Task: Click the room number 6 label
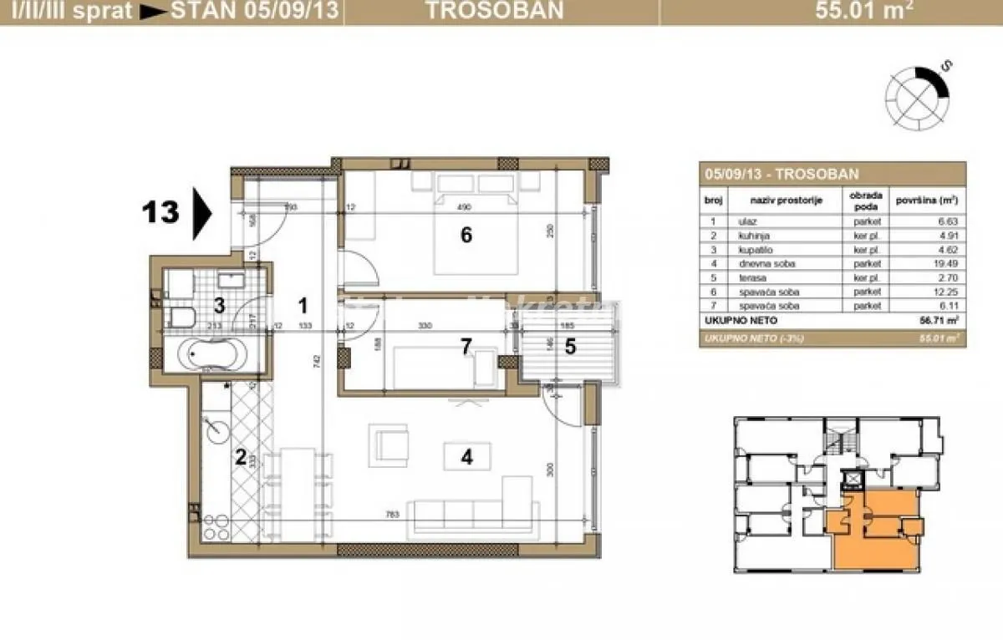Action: (x=466, y=236)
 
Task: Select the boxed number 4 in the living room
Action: (x=467, y=456)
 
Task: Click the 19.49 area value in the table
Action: (x=939, y=264)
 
